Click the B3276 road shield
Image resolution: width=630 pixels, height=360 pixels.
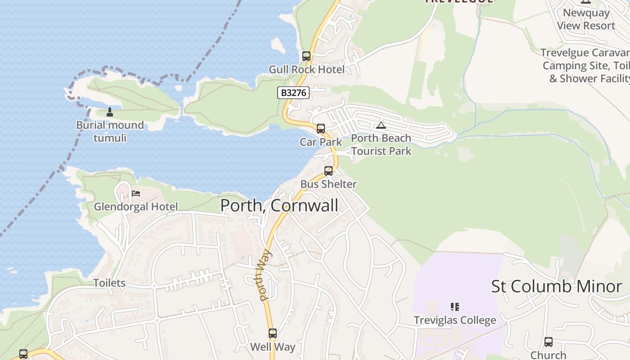[293, 93]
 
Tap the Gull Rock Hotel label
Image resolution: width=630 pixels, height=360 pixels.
[306, 69]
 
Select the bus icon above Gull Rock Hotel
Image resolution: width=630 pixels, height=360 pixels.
[306, 56]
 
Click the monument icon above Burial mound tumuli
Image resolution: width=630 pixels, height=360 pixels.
[109, 112]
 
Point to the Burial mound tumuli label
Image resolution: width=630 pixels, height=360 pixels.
[110, 131]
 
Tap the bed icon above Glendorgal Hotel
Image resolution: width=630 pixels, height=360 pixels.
[136, 193]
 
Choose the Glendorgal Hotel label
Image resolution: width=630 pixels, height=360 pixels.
[136, 207]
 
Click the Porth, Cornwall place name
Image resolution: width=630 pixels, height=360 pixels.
[279, 206]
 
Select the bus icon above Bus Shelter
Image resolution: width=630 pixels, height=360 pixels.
[328, 171]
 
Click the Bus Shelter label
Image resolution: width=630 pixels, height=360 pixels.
[328, 184]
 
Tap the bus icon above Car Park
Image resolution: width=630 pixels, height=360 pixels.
[321, 129]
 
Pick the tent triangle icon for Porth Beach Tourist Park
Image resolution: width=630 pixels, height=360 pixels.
[381, 125]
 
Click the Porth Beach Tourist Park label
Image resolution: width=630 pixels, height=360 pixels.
[381, 144]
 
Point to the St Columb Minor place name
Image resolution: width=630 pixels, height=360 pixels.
[557, 287]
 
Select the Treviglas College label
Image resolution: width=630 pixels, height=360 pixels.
[455, 320]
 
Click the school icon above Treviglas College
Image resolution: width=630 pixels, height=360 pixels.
[455, 307]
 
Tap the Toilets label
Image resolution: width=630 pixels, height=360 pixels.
[109, 283]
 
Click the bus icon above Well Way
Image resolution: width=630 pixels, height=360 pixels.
[273, 333]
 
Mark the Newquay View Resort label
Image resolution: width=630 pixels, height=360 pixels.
[586, 19]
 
